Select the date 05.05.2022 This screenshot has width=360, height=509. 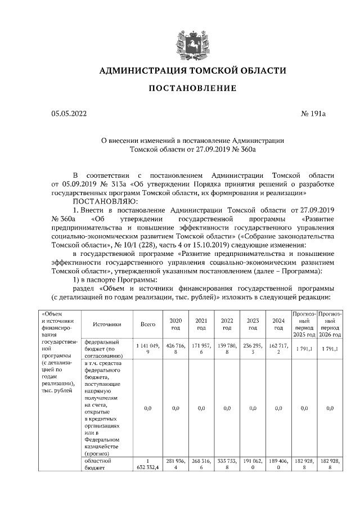click(70, 114)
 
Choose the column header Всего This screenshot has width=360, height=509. click(147, 324)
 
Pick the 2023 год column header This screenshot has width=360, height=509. click(253, 324)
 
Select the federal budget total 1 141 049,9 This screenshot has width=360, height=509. click(147, 347)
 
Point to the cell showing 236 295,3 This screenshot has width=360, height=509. click(253, 347)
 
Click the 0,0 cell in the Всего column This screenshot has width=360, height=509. click(147, 408)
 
